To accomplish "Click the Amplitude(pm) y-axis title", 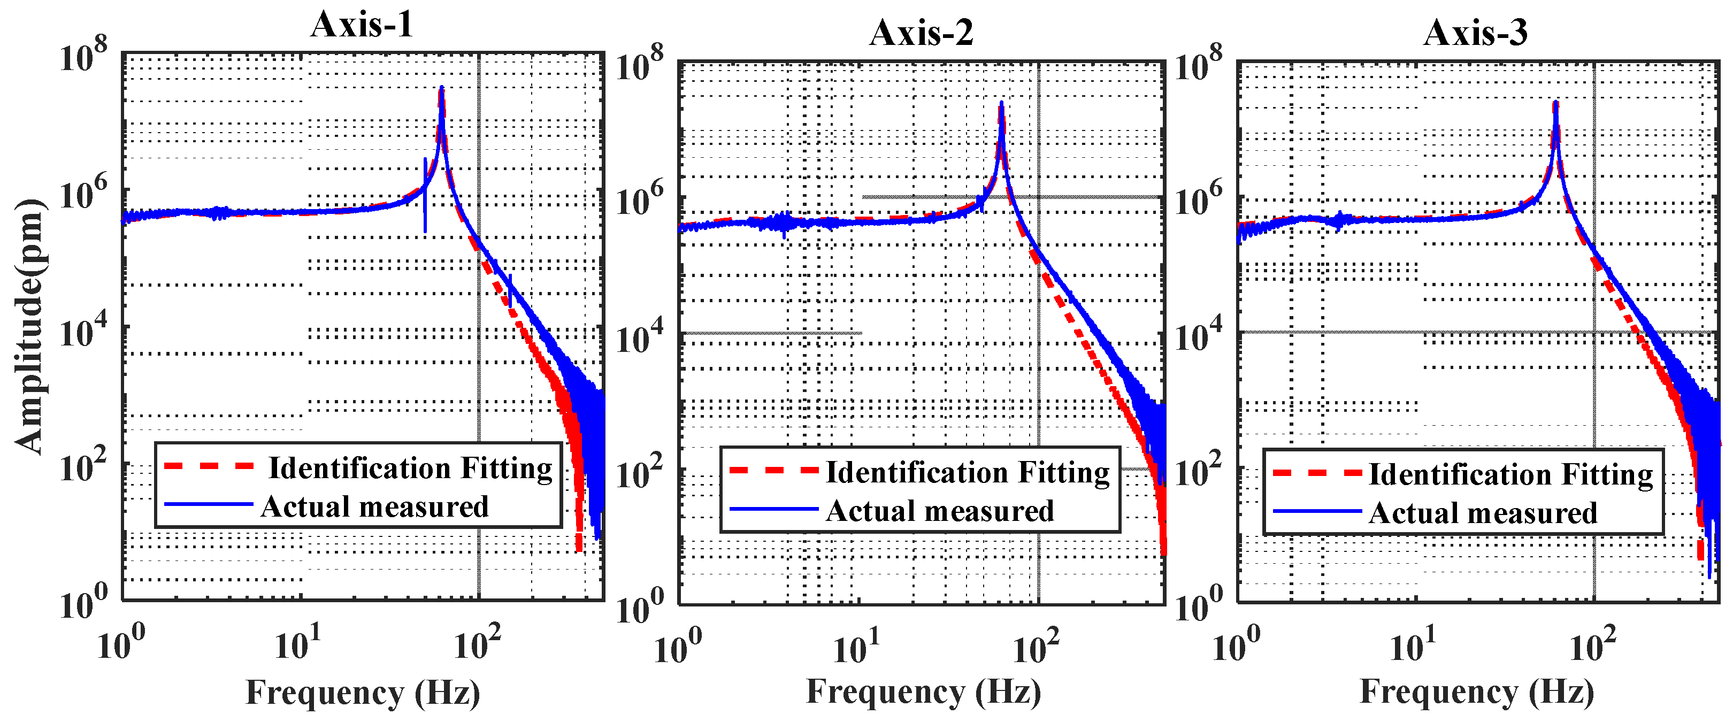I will click(28, 326).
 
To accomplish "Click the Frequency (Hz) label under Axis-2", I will click(923, 691).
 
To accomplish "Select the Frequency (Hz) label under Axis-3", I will click(1477, 691).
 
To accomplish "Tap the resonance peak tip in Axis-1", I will click(441, 88).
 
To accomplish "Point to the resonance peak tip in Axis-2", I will click(1002, 103).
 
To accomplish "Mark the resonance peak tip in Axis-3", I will click(1556, 103).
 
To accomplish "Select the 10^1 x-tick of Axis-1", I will click(297, 644).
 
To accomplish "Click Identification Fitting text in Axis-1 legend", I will click(410, 467).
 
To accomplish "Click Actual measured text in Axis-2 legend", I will click(939, 511).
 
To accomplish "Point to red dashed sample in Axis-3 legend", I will click(1316, 473).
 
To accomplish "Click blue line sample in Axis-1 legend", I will click(208, 504).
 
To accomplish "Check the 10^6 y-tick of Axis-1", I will click(83, 195).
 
